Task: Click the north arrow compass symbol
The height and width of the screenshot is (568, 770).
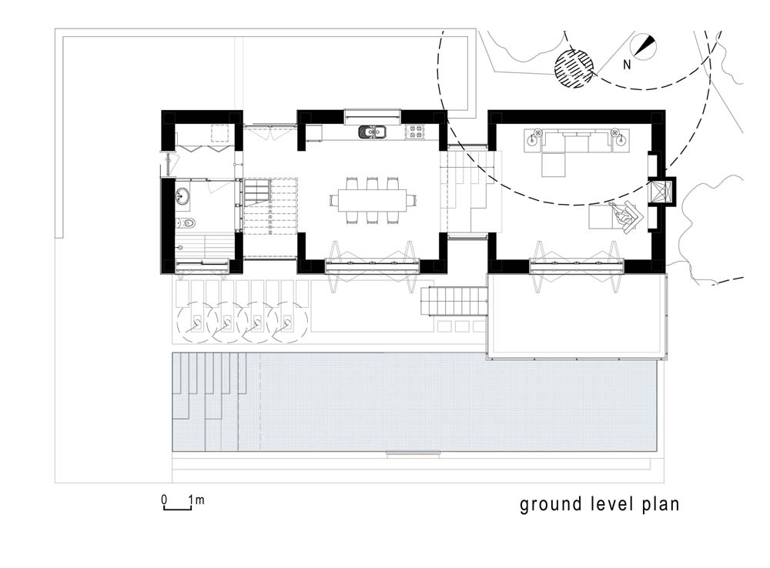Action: tap(643, 46)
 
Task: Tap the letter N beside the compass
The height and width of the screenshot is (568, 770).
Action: tap(627, 65)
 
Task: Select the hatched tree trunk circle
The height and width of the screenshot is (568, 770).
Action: tap(574, 68)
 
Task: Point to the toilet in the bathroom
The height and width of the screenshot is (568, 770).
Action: tap(186, 223)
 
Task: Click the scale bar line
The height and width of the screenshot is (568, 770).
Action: tap(178, 509)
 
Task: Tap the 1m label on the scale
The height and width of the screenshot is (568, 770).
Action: tap(196, 500)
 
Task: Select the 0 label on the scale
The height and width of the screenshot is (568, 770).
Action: tap(164, 500)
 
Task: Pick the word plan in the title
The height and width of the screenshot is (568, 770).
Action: tap(661, 504)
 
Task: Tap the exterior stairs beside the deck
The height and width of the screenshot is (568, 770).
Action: tap(454, 301)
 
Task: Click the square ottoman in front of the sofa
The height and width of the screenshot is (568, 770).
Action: tap(554, 164)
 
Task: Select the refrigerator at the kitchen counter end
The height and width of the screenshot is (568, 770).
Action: tap(314, 132)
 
